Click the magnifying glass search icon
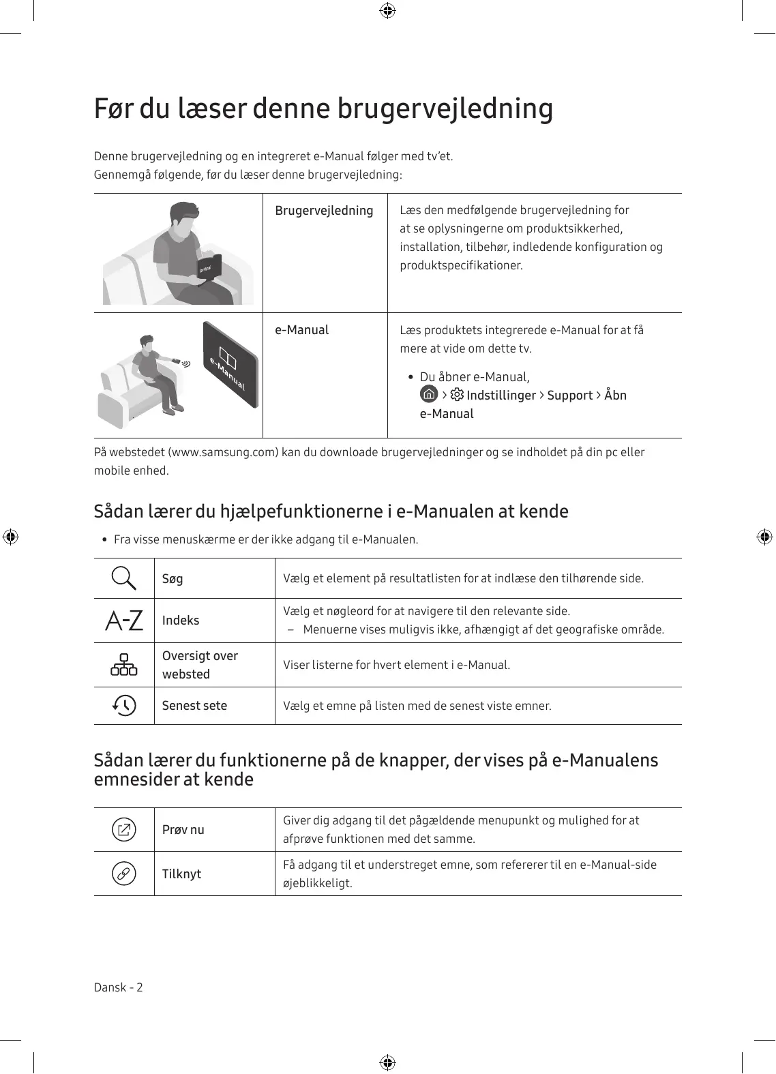point(124,578)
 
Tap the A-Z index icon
point(124,621)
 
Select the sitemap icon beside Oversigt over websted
point(124,665)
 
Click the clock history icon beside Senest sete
point(124,705)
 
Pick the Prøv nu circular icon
point(124,830)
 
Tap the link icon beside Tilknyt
point(124,874)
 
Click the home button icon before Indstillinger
point(429,395)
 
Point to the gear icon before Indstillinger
point(457,395)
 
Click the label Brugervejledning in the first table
point(324,211)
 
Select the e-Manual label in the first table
point(301,330)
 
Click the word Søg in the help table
point(173,579)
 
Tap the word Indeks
point(181,621)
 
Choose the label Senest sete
point(194,706)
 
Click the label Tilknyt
point(181,874)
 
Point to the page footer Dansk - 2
point(119,987)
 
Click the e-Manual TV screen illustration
point(230,365)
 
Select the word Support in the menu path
point(570,396)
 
